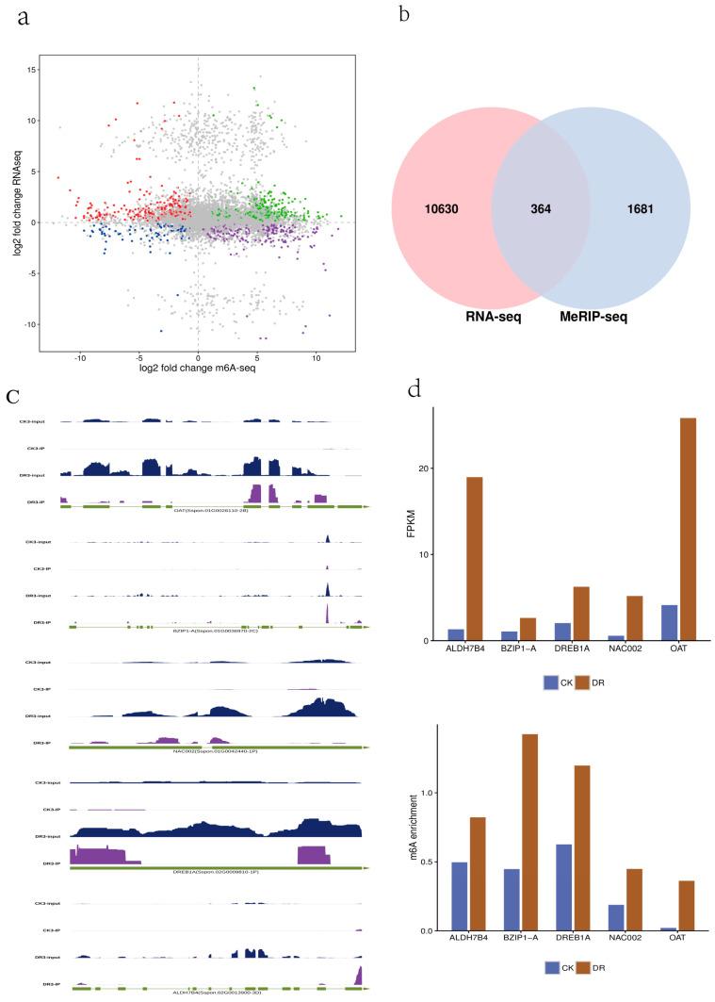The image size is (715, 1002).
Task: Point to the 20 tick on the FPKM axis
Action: (x=423, y=468)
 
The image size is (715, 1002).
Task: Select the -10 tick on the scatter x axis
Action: (x=80, y=358)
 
